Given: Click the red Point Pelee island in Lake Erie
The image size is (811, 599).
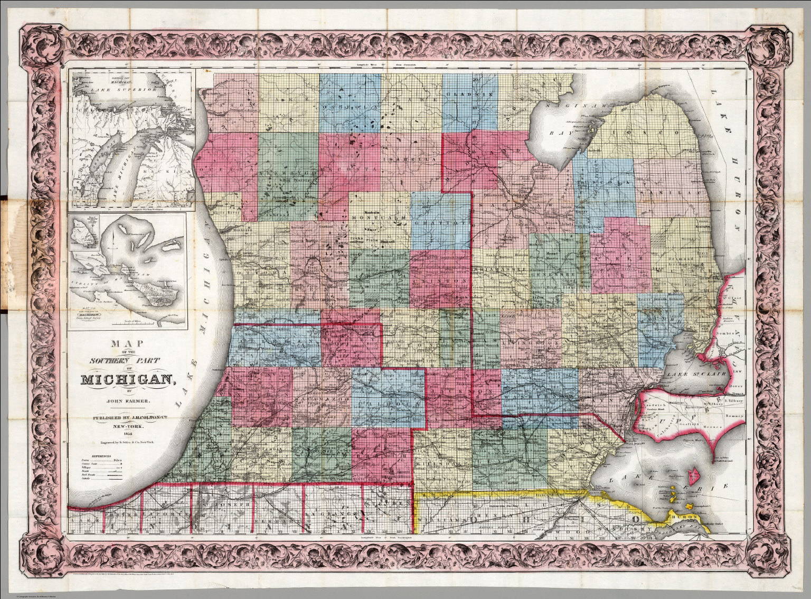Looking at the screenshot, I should (695, 476).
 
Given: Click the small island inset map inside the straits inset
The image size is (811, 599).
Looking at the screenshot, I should (83, 232).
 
